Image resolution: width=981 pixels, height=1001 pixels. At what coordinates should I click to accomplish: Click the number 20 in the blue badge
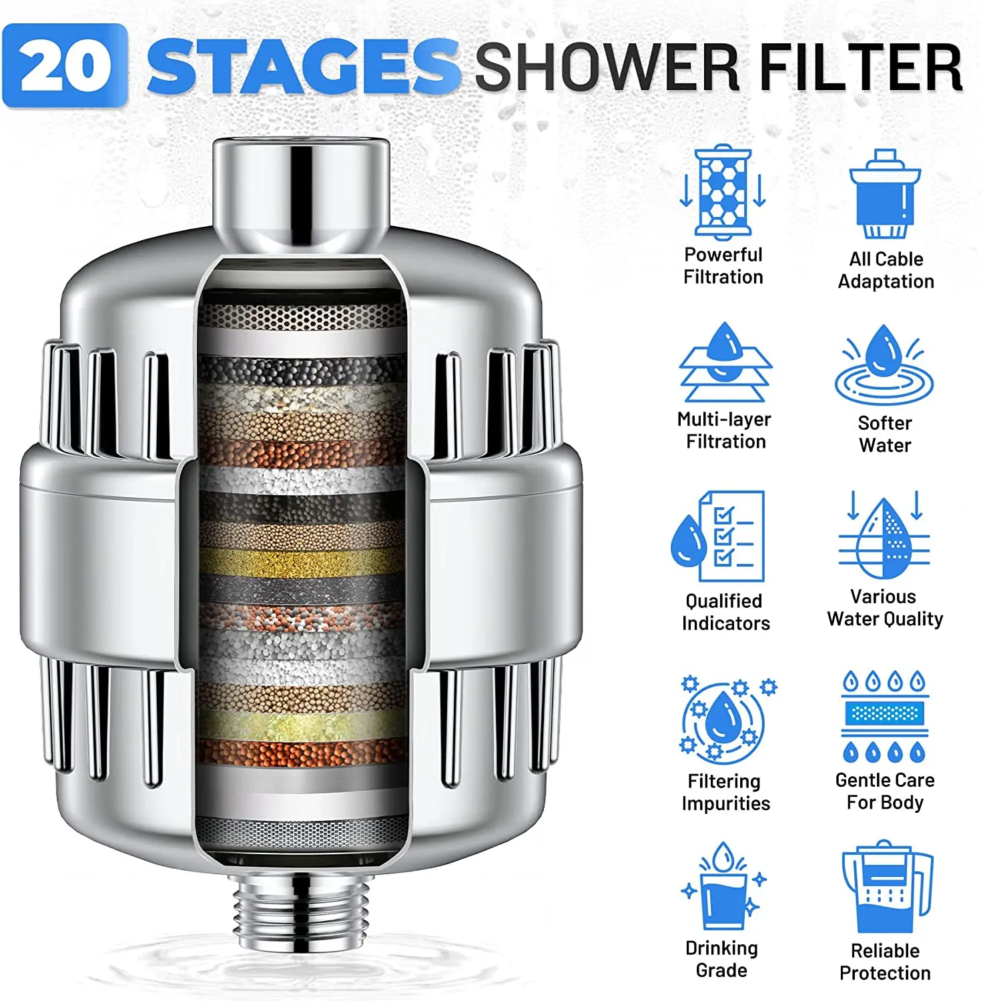pyautogui.click(x=65, y=66)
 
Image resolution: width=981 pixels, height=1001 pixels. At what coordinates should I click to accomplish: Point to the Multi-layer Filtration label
pyautogui.click(x=725, y=430)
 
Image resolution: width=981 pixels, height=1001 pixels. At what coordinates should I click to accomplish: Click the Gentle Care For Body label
pyautogui.click(x=885, y=791)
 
